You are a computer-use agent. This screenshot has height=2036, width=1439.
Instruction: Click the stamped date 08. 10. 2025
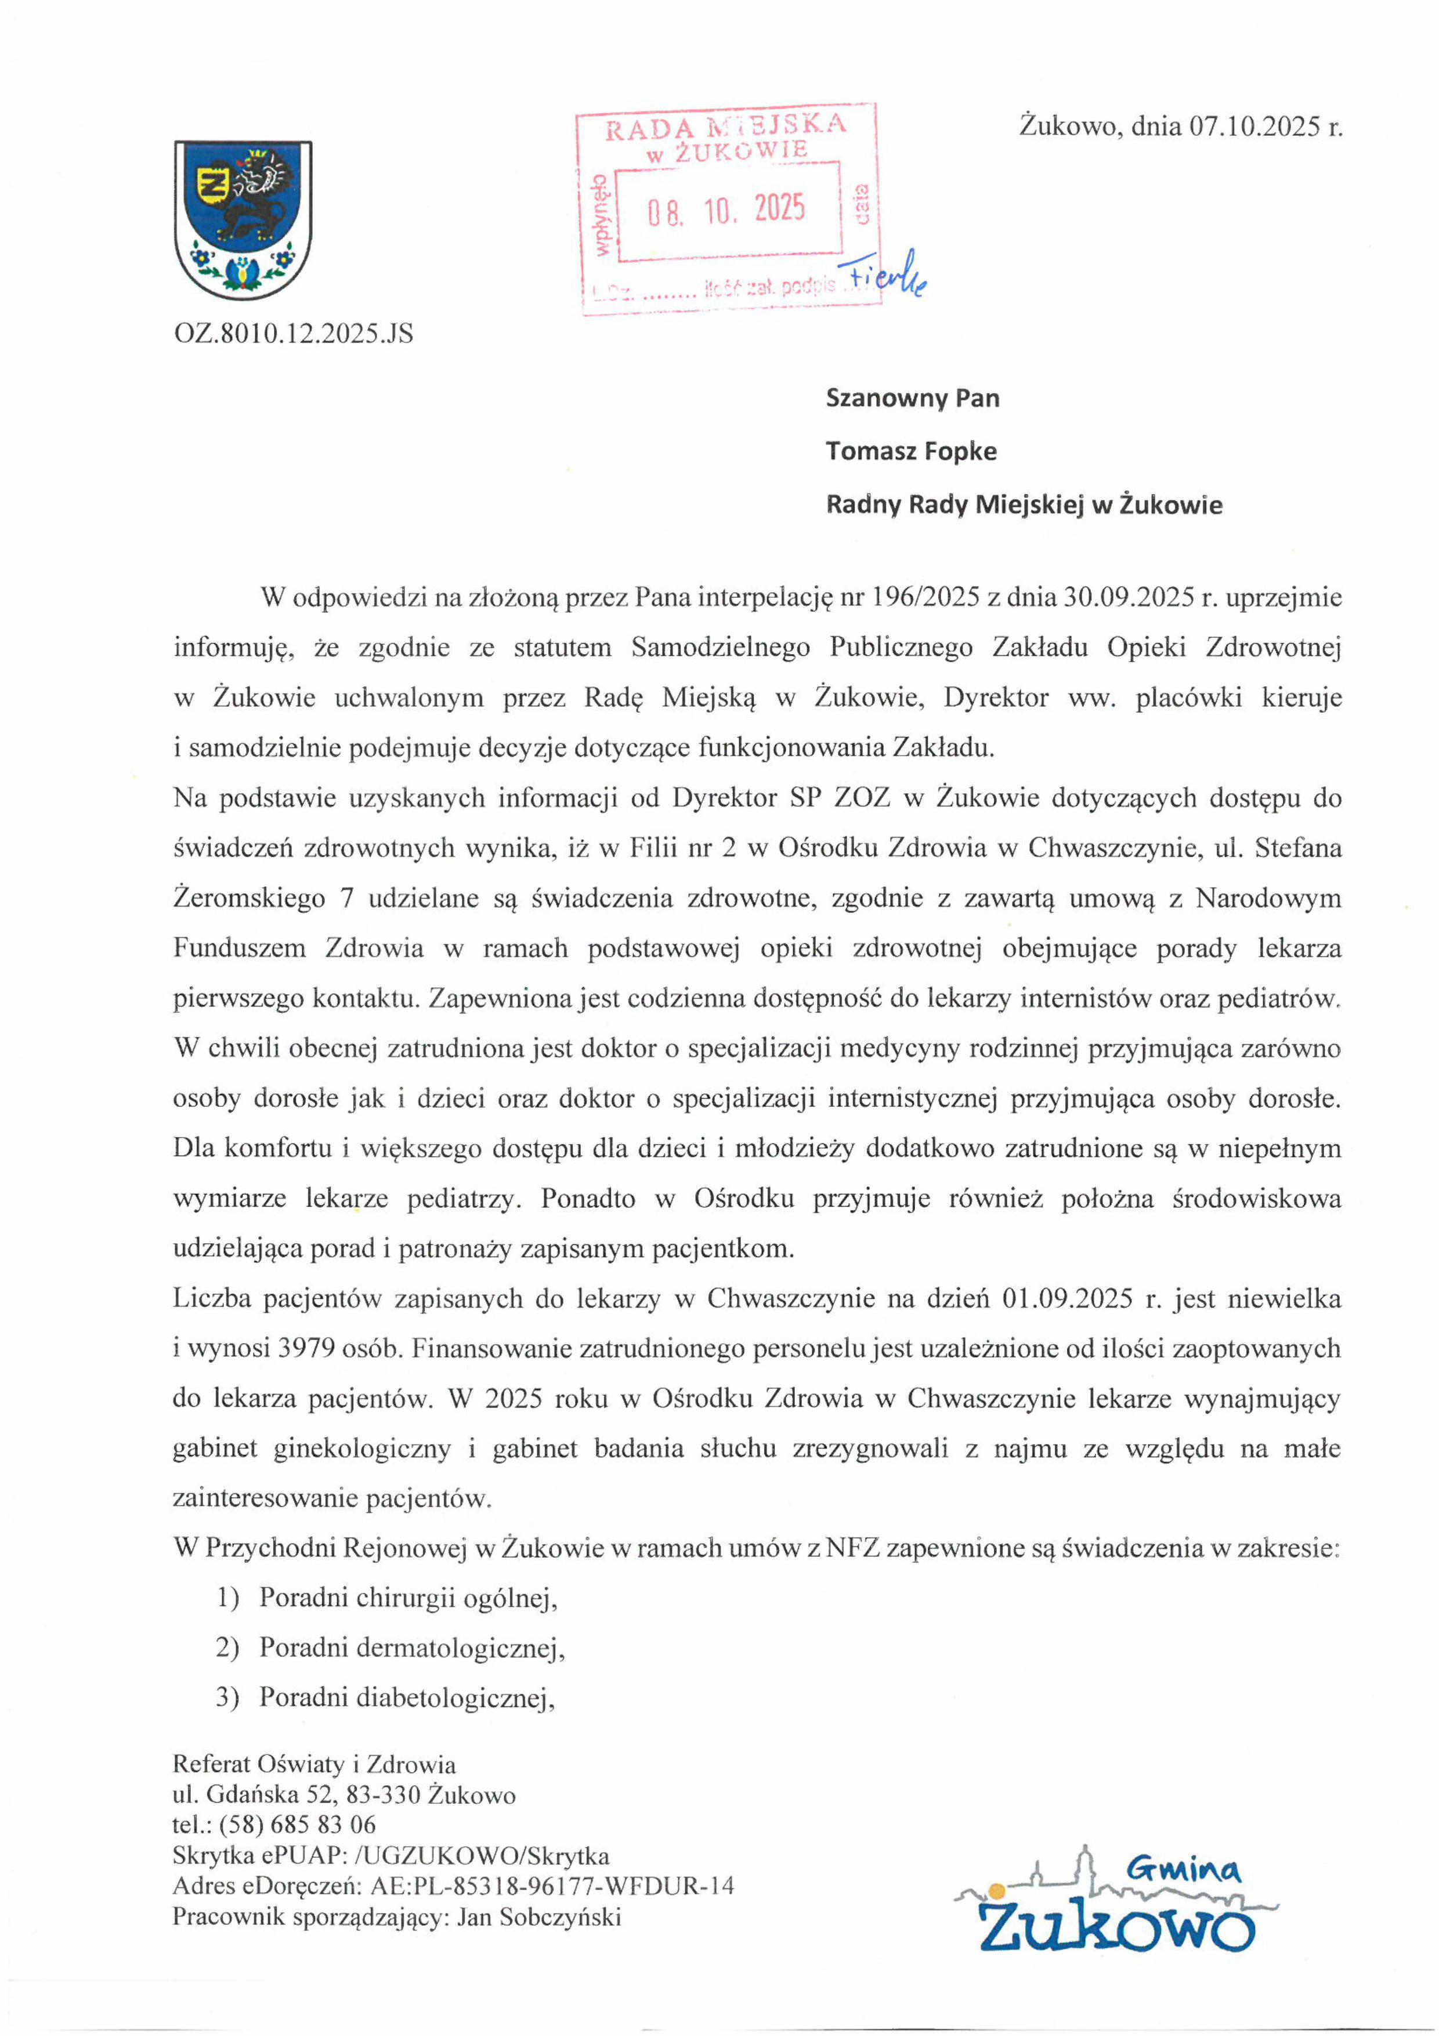(725, 210)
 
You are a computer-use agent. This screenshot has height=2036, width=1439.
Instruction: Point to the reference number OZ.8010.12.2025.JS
(294, 334)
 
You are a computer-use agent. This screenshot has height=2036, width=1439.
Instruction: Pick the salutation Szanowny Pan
(912, 398)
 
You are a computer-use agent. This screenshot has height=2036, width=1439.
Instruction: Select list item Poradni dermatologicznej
(411, 1648)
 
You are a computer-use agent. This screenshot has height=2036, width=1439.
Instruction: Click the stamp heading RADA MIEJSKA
(725, 127)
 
